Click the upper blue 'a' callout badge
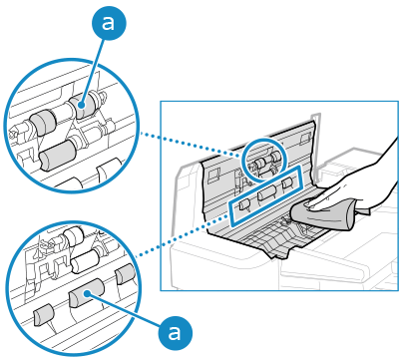click(x=109, y=23)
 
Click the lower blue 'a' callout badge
click(x=176, y=332)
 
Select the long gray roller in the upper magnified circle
click(x=58, y=156)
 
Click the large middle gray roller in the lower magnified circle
click(x=86, y=293)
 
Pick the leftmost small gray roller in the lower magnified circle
click(x=44, y=314)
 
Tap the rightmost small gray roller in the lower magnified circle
click(x=125, y=274)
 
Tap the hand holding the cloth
click(x=359, y=187)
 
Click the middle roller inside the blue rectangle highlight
click(x=267, y=192)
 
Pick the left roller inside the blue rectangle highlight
click(x=244, y=205)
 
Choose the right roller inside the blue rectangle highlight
click(x=287, y=183)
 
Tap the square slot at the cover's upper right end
click(x=304, y=139)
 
